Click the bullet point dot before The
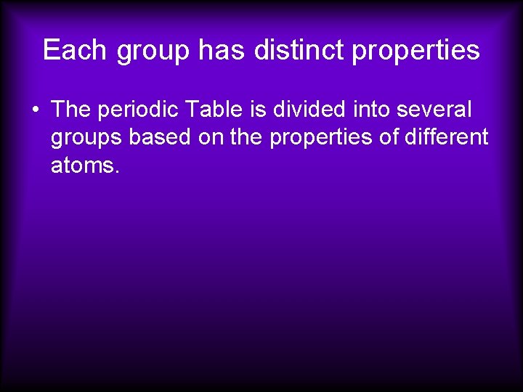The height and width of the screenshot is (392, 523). (x=35, y=110)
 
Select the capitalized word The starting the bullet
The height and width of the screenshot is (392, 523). (x=70, y=110)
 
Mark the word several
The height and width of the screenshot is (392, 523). (x=436, y=110)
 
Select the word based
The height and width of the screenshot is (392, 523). (x=161, y=137)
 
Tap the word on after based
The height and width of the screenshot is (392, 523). (x=211, y=137)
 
